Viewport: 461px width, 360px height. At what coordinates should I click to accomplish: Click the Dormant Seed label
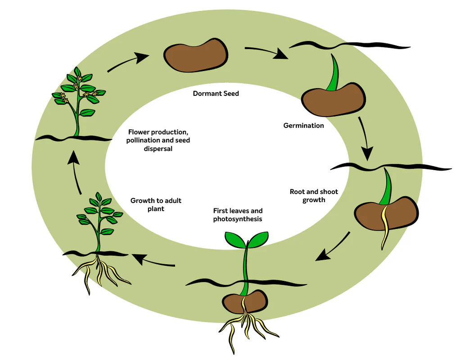(x=216, y=94)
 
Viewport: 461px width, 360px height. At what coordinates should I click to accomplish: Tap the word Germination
(x=303, y=126)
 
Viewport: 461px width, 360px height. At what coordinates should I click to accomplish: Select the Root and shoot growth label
(x=314, y=196)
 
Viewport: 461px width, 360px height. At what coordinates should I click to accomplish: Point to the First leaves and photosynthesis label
(x=238, y=215)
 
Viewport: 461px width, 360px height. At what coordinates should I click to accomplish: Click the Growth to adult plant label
(x=156, y=204)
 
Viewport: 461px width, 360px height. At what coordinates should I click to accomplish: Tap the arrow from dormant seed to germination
(x=266, y=52)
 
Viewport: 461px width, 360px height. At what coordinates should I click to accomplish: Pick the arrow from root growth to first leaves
(x=333, y=247)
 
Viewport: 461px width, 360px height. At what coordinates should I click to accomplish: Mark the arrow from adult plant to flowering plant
(x=77, y=173)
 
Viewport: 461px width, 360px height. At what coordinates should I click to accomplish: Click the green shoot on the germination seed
(x=334, y=74)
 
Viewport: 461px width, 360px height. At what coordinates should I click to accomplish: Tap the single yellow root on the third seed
(x=386, y=227)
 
